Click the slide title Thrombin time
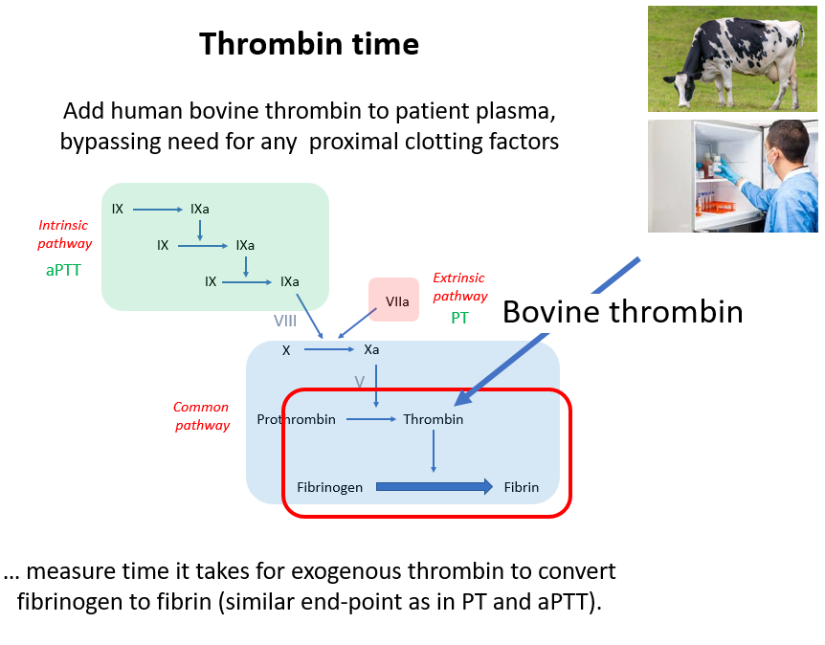(309, 43)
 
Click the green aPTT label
(63, 271)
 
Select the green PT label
(459, 318)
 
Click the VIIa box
(393, 300)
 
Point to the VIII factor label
(284, 321)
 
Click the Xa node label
(371, 349)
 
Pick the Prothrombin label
(296, 419)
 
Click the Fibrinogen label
(329, 487)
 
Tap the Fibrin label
(521, 487)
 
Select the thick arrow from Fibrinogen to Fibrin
(435, 487)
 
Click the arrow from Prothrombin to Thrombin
(371, 419)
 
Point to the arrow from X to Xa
(329, 349)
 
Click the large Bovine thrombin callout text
(622, 312)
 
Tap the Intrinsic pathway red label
(64, 234)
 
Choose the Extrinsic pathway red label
(459, 287)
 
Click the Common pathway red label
(202, 416)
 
